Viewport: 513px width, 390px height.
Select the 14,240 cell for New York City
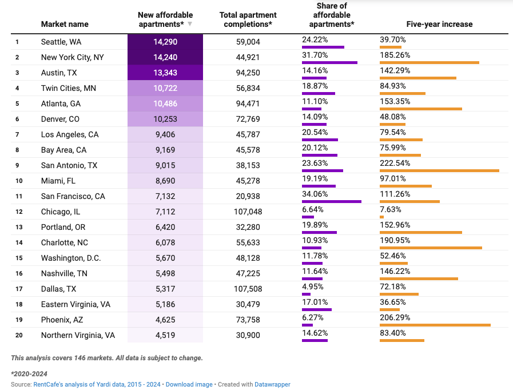[165, 57]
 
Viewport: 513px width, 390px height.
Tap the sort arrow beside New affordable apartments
[190, 24]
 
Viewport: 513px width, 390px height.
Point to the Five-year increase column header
[439, 24]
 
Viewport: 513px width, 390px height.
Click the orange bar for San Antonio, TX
[439, 170]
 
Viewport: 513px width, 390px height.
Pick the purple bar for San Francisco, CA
[332, 201]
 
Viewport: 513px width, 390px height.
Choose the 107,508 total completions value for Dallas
[248, 289]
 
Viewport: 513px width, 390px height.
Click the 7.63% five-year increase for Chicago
[391, 209]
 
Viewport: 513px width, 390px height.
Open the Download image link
[189, 384]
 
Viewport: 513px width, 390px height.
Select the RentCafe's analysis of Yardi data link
[97, 384]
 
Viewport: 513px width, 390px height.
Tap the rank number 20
[18, 335]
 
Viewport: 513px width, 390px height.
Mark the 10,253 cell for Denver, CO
[165, 119]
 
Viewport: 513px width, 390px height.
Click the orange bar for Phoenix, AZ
[435, 325]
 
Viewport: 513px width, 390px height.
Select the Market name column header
[65, 24]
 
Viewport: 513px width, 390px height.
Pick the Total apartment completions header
[248, 19]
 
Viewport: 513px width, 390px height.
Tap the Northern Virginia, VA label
[78, 335]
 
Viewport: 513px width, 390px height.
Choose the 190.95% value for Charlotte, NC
[395, 240]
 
